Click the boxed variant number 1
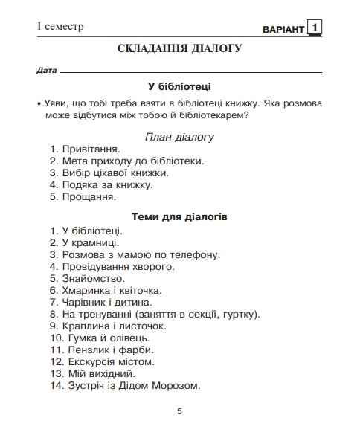[316, 28]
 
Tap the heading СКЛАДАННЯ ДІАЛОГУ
[179, 49]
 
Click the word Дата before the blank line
[46, 71]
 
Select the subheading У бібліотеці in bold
[179, 86]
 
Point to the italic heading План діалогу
[179, 137]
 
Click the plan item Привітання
[89, 149]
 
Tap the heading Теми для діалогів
[179, 217]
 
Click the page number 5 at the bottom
[179, 411]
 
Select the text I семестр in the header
[60, 27]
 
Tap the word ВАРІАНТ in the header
[283, 30]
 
